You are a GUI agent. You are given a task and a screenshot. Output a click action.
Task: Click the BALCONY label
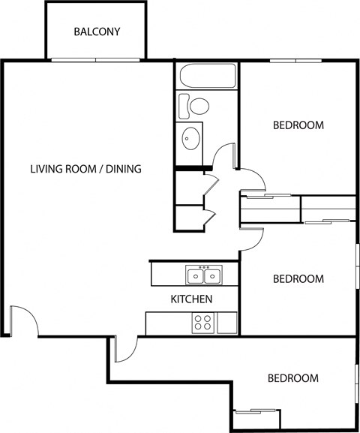pyautogui.click(x=97, y=32)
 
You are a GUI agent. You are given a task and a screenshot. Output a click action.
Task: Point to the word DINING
pyautogui.click(x=124, y=169)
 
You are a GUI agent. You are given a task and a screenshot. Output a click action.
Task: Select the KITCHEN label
pyautogui.click(x=192, y=299)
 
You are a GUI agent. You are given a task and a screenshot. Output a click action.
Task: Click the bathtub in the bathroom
pyautogui.click(x=206, y=76)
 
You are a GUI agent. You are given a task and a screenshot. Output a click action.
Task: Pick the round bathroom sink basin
pyautogui.click(x=191, y=137)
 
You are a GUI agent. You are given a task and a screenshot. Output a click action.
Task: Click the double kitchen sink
pyautogui.click(x=204, y=276)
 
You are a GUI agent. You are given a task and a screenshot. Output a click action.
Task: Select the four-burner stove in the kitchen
pyautogui.click(x=202, y=323)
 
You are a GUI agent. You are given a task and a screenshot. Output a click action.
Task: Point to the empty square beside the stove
pyautogui.click(x=226, y=323)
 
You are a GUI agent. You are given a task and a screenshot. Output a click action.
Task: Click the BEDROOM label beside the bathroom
pyautogui.click(x=298, y=125)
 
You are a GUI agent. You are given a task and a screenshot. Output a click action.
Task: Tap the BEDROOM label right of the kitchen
pyautogui.click(x=298, y=279)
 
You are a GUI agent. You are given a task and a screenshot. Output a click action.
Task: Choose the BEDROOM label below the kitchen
pyautogui.click(x=293, y=378)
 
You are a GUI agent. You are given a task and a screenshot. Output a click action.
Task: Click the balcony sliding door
pyautogui.click(x=96, y=60)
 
